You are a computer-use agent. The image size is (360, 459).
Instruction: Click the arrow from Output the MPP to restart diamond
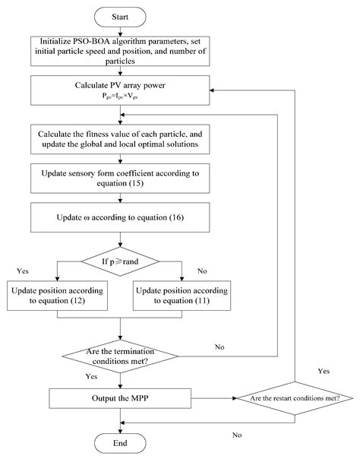[209, 397]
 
